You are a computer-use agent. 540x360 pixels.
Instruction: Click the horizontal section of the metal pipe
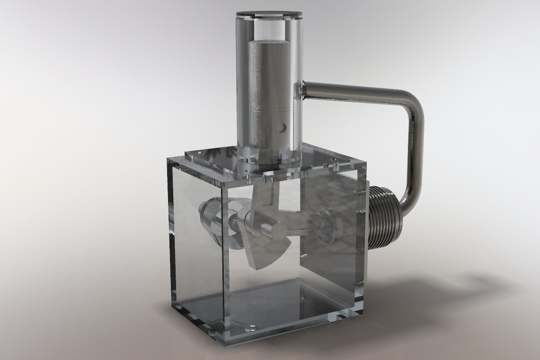[354, 92]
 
